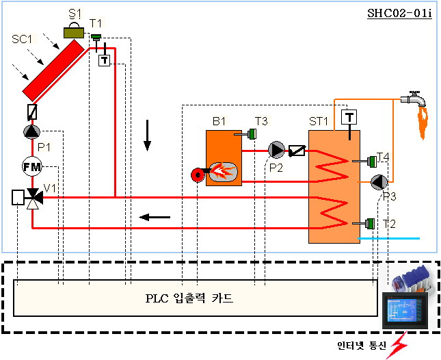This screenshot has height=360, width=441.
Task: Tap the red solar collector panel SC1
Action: click(x=57, y=69)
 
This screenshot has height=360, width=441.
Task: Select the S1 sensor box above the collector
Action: click(x=73, y=31)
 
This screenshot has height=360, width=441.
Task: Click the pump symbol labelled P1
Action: click(x=32, y=132)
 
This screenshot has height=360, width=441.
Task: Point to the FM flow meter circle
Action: click(x=32, y=166)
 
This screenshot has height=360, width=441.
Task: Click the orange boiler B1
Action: click(x=224, y=157)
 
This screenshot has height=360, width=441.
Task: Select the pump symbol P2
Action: click(x=276, y=150)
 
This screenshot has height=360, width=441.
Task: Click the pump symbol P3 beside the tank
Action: click(x=379, y=182)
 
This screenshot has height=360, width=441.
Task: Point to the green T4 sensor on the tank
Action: click(x=371, y=162)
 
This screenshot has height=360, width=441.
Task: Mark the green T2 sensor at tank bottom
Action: click(x=370, y=223)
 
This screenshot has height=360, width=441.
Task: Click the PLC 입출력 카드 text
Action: click(x=189, y=298)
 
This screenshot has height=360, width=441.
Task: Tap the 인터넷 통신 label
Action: click(x=362, y=344)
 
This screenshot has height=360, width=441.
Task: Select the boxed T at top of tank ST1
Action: click(x=349, y=116)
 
